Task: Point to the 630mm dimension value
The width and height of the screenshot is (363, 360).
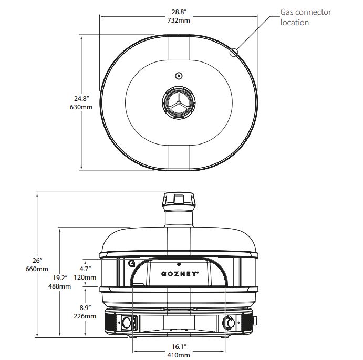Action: (x=81, y=107)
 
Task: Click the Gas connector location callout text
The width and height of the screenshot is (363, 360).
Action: (x=305, y=17)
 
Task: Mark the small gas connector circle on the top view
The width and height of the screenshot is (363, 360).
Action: (x=234, y=52)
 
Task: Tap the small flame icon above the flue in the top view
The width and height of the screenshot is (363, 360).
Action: (x=179, y=75)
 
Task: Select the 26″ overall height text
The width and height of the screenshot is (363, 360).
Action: (x=37, y=260)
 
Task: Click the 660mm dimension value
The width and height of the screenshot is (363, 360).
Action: (x=37, y=269)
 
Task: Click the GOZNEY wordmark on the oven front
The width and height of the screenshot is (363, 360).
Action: (x=179, y=274)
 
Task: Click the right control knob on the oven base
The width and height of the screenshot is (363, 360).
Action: (x=230, y=322)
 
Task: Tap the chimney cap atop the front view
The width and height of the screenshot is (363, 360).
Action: (x=179, y=199)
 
